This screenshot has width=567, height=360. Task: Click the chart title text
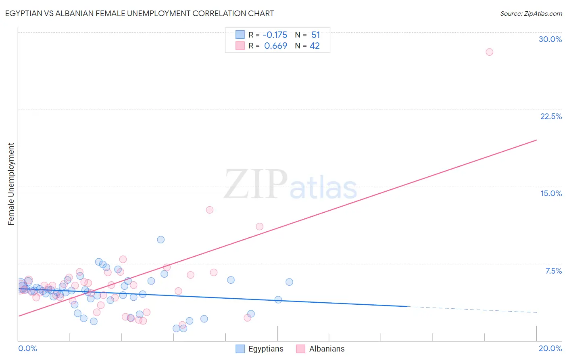coord(140,14)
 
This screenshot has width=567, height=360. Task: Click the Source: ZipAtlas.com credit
coord(531,14)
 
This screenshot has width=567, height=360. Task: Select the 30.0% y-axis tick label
coord(550,39)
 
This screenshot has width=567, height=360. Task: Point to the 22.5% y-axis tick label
coord(551,116)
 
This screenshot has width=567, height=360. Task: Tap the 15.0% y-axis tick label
coord(551,193)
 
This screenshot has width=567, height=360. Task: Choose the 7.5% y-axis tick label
coord(553,271)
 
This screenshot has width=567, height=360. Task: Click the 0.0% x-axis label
coord(27,348)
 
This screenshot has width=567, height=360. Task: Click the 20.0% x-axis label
coord(550,348)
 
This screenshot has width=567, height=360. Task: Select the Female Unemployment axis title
coord(11,184)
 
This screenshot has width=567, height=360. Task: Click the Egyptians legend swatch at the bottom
coord(240,349)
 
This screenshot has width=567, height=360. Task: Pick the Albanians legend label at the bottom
coord(327,349)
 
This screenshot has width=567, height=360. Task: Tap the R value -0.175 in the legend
coord(275,35)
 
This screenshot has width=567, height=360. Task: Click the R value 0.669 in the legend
coord(275,46)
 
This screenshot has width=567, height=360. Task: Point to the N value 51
coord(315,35)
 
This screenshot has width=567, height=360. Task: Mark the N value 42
coord(315,46)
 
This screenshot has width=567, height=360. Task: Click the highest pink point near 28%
coord(489,52)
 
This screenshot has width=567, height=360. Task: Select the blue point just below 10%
coord(161,240)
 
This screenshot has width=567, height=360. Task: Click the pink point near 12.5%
coord(209,210)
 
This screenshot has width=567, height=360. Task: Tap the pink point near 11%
coord(259,226)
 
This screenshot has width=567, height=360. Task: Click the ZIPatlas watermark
coord(290,185)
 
